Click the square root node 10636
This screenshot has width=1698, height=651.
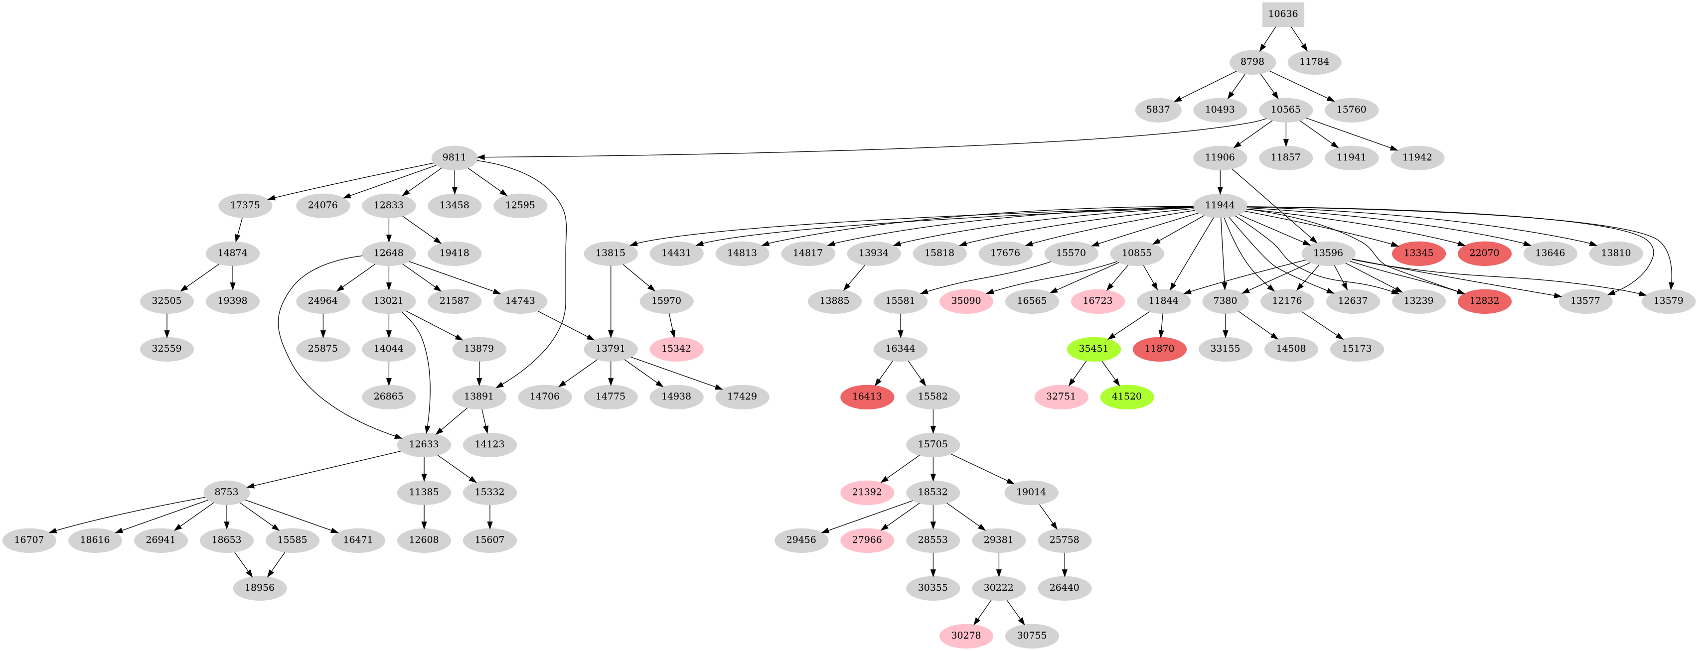click(x=1283, y=14)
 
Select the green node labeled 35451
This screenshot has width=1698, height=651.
click(x=1093, y=349)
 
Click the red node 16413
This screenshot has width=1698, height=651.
click(x=867, y=396)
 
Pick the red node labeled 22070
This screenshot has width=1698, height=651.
click(x=1484, y=253)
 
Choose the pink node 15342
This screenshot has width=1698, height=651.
click(x=676, y=349)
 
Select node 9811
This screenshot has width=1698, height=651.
click(x=454, y=157)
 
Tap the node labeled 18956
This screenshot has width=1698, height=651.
click(x=259, y=588)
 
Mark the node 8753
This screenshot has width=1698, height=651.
click(x=226, y=492)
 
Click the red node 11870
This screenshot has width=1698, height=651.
click(x=1159, y=349)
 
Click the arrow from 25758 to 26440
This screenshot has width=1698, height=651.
click(x=1065, y=564)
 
